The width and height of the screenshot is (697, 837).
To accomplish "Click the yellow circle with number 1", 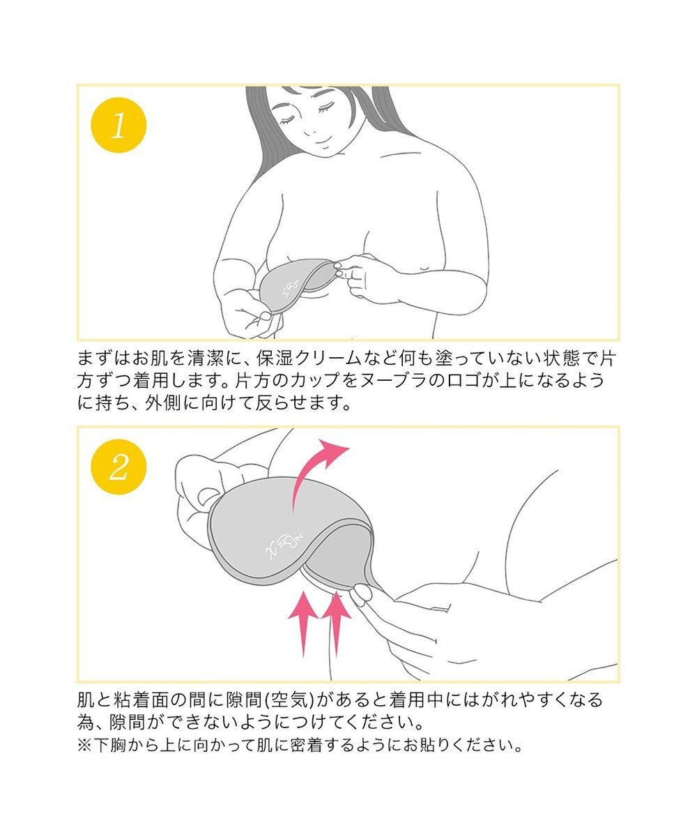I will click(118, 126).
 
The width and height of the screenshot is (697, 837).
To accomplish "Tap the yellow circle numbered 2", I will click(118, 467).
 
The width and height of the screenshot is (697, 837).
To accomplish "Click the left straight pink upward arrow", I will click(304, 621).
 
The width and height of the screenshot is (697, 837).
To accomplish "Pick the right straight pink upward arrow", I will click(337, 621).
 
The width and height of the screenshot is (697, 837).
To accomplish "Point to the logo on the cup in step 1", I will click(291, 288).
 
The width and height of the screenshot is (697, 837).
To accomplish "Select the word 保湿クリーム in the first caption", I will click(309, 359).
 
